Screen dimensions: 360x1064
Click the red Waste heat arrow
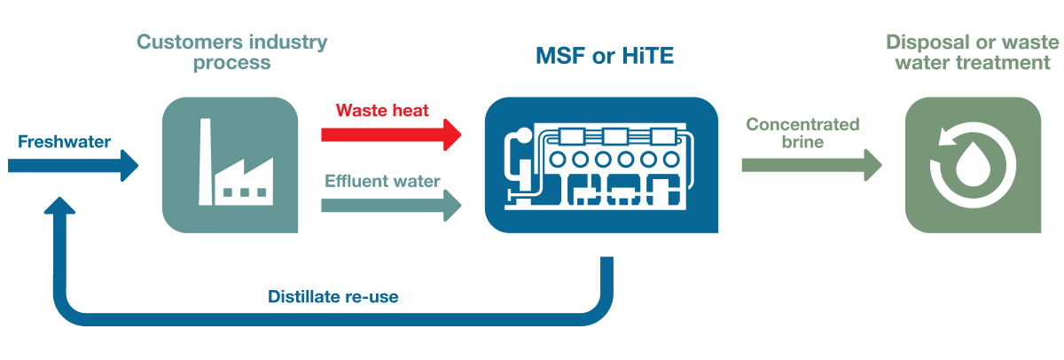click(390, 134)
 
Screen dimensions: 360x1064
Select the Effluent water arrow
click(390, 206)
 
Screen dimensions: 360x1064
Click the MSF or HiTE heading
click(605, 56)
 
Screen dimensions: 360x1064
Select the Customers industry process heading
click(231, 52)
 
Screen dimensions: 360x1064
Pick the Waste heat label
click(382, 111)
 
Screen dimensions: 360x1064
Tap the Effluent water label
click(382, 182)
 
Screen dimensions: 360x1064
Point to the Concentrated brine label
click(802, 132)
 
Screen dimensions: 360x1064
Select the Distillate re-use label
click(333, 297)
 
